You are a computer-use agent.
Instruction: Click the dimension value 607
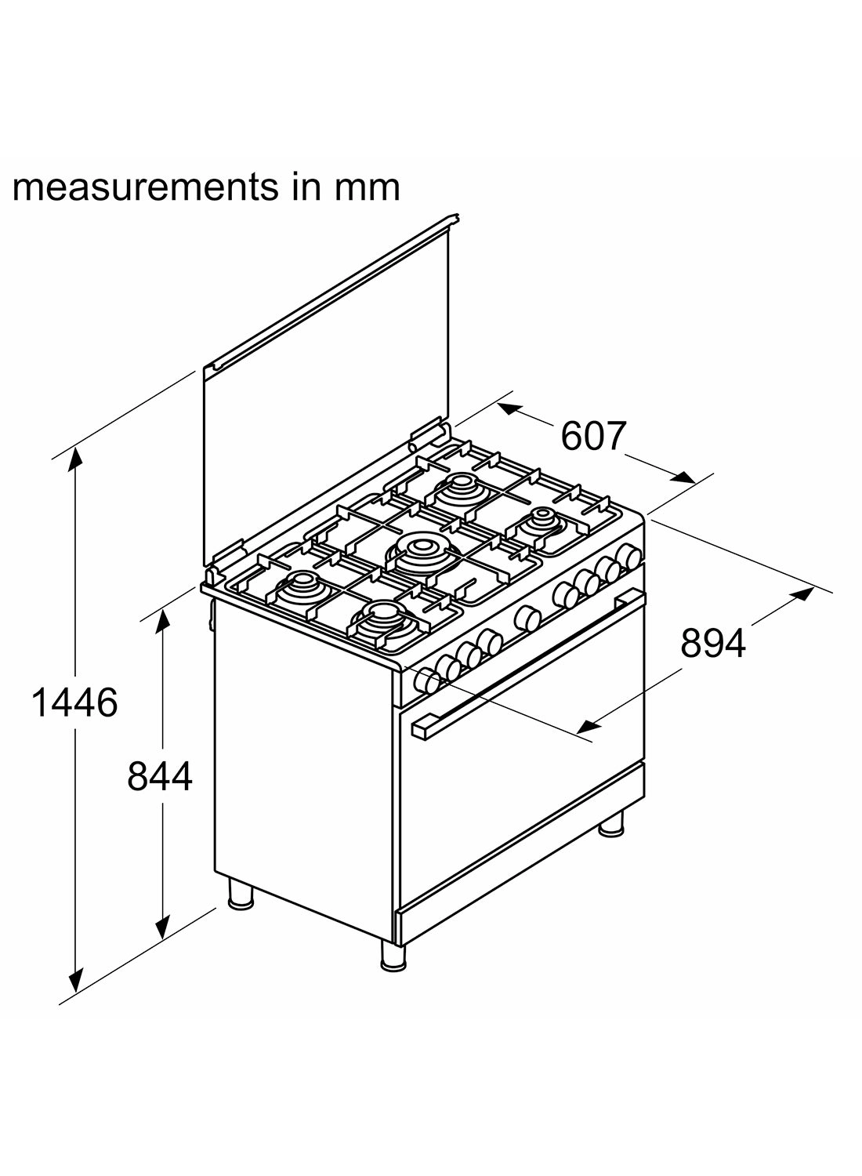pyautogui.click(x=594, y=437)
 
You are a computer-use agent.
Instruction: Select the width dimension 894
pyautogui.click(x=712, y=644)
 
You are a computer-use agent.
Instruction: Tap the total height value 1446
pyautogui.click(x=74, y=702)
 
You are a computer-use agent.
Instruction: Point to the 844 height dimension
pyautogui.click(x=160, y=777)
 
